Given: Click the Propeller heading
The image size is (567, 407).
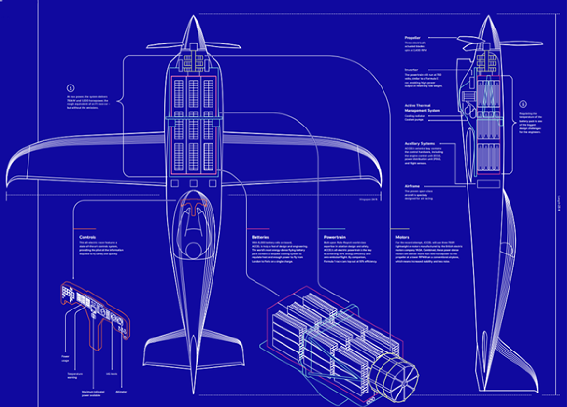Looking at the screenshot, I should pyautogui.click(x=412, y=37).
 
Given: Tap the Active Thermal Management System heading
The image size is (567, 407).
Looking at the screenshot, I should pyautogui.click(x=422, y=108).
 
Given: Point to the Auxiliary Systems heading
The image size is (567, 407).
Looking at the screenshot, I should pyautogui.click(x=420, y=143).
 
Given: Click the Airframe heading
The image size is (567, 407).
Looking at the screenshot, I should pyautogui.click(x=412, y=186).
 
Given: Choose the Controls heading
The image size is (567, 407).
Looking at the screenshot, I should pyautogui.click(x=88, y=237).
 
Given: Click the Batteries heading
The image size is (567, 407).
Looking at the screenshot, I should pyautogui.click(x=261, y=237).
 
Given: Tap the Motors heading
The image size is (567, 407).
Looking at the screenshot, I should pyautogui.click(x=402, y=237).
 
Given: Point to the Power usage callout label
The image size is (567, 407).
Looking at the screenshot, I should pyautogui.click(x=65, y=357).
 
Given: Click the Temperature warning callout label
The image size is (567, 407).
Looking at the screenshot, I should pyautogui.click(x=75, y=375).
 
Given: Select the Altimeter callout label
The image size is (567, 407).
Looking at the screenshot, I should pyautogui.click(x=121, y=391).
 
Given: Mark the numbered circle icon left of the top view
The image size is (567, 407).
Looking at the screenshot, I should pyautogui.click(x=71, y=88).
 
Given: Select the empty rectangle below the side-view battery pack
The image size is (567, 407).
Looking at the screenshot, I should pyautogui.click(x=488, y=183).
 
